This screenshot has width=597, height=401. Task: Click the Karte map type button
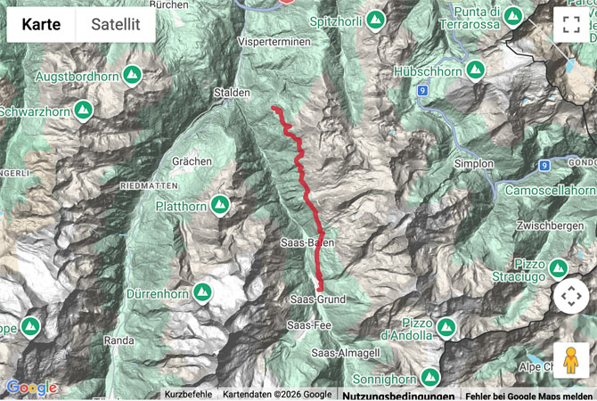tap(42, 24)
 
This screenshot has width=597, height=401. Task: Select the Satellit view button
tap(116, 24)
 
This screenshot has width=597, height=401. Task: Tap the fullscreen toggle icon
tap(571, 25)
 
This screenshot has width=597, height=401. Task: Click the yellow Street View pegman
tap(571, 360)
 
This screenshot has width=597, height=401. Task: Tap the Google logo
tap(31, 388)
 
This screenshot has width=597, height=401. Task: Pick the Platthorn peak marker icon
tap(219, 206)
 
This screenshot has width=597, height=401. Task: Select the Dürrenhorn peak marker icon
tap(203, 291)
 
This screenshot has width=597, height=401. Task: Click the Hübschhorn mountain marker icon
tap(474, 68)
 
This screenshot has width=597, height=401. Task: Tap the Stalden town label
tap(232, 93)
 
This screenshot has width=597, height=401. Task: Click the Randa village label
tap(119, 340)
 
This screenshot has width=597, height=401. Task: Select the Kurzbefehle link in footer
tap(188, 394)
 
